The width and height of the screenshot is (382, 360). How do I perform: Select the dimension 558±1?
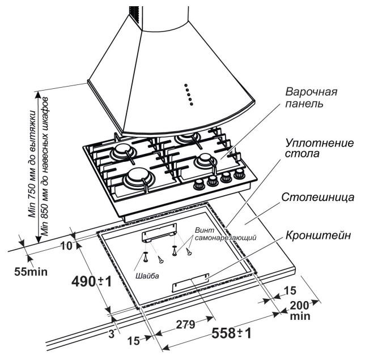coord(231,332)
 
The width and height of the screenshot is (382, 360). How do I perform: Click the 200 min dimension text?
coord(299,311)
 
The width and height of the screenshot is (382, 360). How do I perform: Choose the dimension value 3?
coord(111,334)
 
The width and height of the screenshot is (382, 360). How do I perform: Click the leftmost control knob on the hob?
coord(200,185)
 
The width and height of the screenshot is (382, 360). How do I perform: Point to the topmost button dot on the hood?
coord(186,86)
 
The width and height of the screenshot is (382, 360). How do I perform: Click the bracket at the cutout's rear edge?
coord(159,232)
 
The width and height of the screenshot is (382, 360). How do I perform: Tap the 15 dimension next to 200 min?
coord(290,290)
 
